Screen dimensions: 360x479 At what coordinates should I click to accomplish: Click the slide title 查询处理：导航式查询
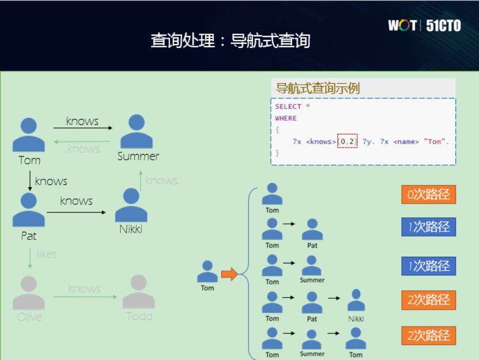(x=231, y=40)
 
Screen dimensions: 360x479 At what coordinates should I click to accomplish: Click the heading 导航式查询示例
(x=318, y=88)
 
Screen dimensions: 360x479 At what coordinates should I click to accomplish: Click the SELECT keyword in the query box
(x=288, y=107)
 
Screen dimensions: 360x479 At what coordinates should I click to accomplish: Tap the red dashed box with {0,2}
(x=348, y=141)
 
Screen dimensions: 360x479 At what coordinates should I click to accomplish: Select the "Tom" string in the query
(x=436, y=141)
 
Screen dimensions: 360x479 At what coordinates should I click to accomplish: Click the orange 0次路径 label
(x=428, y=194)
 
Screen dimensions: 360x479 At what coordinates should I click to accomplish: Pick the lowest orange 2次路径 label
(x=428, y=335)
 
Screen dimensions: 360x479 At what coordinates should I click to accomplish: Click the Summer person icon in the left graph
(x=137, y=132)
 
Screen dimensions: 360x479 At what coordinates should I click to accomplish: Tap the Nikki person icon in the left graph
(x=131, y=205)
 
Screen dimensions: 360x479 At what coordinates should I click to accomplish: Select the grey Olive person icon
(x=29, y=292)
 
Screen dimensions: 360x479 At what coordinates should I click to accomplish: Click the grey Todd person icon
(x=138, y=291)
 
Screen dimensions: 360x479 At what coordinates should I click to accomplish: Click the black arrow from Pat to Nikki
(x=77, y=212)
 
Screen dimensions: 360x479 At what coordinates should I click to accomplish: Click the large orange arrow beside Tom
(x=229, y=274)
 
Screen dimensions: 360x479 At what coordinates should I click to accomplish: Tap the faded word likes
(x=47, y=254)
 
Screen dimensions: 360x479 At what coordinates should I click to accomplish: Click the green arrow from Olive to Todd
(x=85, y=297)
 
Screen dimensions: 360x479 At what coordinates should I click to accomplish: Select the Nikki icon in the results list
(x=356, y=301)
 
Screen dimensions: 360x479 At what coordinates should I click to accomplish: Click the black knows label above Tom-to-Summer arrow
(x=82, y=121)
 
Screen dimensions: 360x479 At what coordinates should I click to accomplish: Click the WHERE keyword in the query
(x=286, y=118)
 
